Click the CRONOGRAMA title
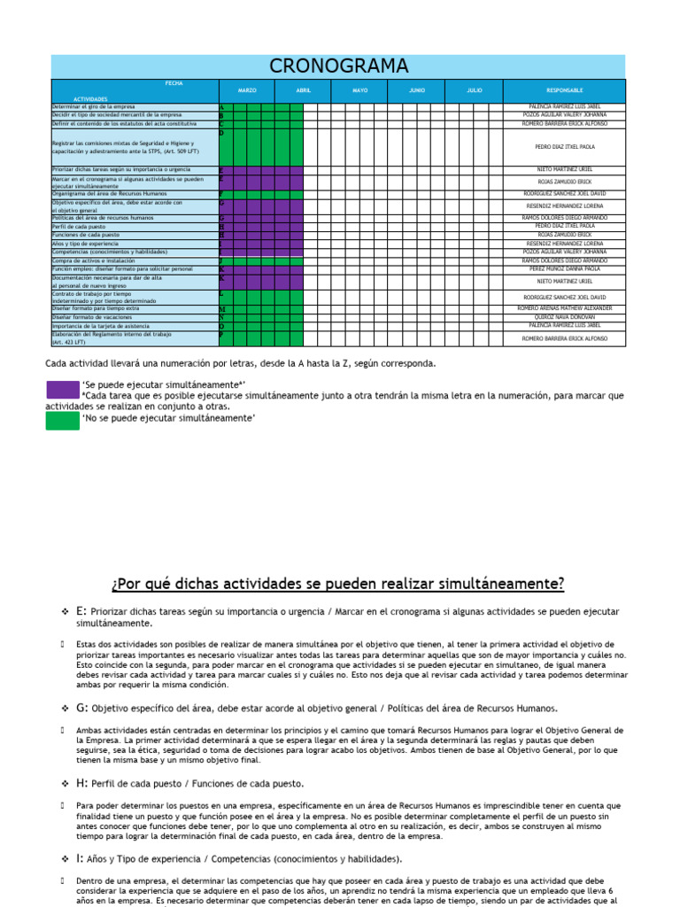[x=338, y=66]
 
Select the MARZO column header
[x=246, y=90]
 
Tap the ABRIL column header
[x=303, y=90]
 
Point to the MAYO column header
[x=359, y=90]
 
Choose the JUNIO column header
[x=416, y=90]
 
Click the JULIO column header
[x=475, y=90]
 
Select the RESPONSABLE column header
[x=565, y=90]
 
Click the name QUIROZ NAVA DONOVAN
[x=565, y=316]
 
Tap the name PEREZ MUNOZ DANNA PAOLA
[x=565, y=268]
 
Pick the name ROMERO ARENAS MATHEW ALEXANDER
[x=565, y=308]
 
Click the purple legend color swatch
[x=62, y=389]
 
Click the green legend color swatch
[x=62, y=419]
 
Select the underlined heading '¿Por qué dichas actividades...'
[x=338, y=585]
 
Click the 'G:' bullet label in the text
[x=82, y=709]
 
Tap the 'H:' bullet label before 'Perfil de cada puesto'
[x=82, y=783]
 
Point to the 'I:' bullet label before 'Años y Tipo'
[x=81, y=858]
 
